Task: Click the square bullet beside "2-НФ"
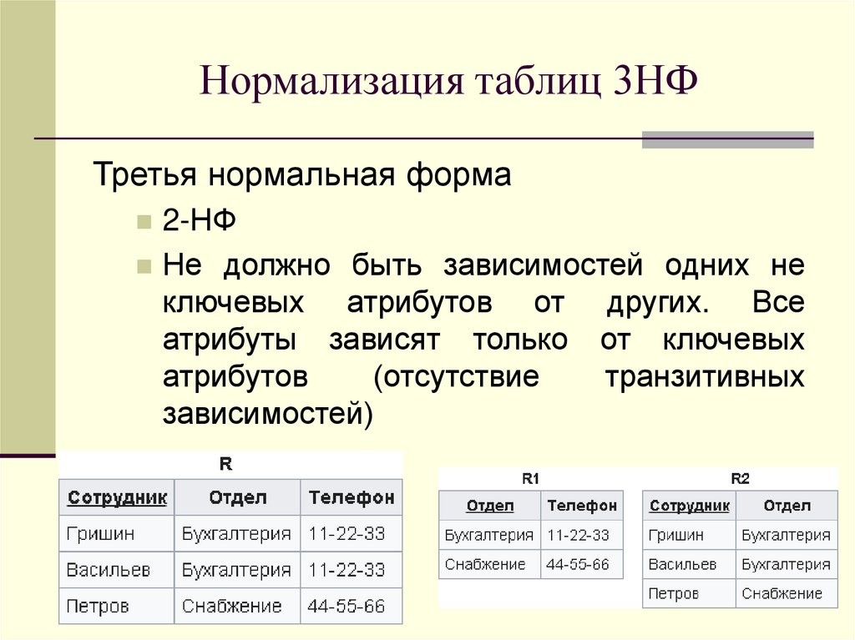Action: tap(144, 223)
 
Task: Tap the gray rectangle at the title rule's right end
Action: tap(727, 139)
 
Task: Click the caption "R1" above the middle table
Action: tap(530, 478)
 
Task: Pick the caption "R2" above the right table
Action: tap(740, 478)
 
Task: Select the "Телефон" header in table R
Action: tap(351, 498)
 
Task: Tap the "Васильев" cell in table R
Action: tap(109, 570)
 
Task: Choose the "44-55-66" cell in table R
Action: tap(347, 606)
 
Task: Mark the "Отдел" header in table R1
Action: tap(490, 505)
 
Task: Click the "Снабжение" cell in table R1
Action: tap(485, 564)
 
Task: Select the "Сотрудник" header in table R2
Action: tap(689, 505)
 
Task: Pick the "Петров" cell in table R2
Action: tap(673, 593)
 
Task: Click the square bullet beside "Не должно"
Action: tap(144, 266)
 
